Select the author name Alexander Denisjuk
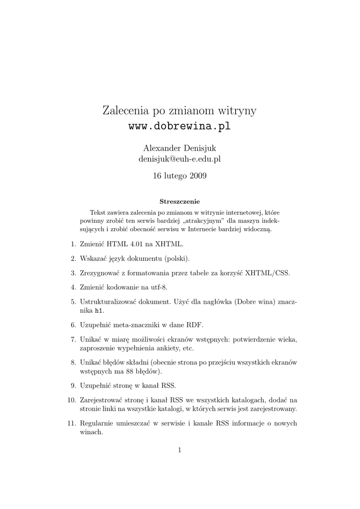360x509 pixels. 180,148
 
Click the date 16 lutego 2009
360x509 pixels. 180,175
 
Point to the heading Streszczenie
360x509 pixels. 180,202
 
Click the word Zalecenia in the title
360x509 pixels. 124,110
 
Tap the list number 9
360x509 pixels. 72,385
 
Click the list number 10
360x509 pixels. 71,400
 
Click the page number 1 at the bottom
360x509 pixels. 180,450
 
